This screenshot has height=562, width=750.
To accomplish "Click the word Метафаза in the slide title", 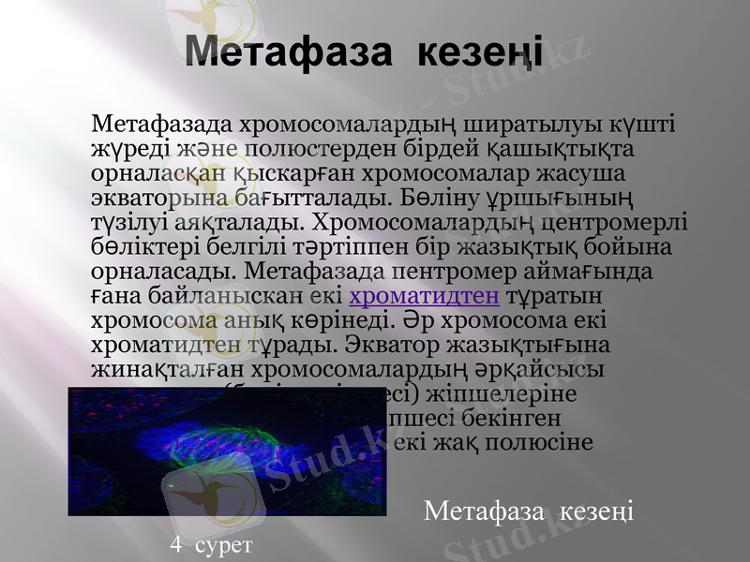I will (x=287, y=52).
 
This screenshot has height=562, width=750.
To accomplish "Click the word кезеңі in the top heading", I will (x=478, y=52).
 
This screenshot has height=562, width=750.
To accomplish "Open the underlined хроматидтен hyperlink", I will (x=424, y=298).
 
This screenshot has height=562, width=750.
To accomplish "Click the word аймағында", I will (x=606, y=273).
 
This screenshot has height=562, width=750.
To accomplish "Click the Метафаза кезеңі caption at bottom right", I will (x=529, y=511).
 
